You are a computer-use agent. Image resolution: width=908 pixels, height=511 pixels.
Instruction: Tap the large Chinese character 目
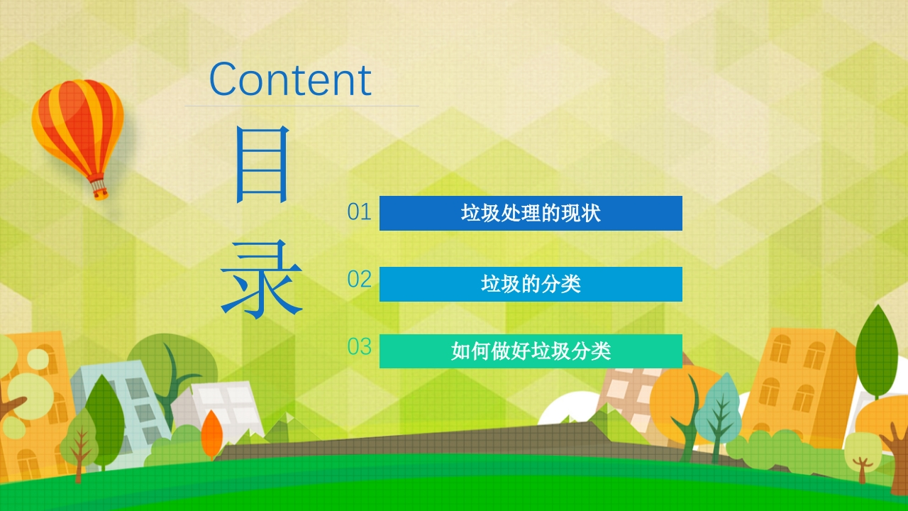pos(262,164)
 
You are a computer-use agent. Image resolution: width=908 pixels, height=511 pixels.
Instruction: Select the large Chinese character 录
pos(262,279)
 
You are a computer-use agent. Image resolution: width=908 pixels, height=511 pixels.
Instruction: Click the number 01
pos(359,212)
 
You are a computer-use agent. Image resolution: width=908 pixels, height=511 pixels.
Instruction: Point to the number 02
pos(359,279)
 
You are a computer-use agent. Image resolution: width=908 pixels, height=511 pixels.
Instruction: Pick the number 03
pos(359,347)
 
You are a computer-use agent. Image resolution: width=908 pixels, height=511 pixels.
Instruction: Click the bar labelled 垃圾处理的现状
pos(531,214)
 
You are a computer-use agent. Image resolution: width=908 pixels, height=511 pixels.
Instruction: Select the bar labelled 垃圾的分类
pos(531,284)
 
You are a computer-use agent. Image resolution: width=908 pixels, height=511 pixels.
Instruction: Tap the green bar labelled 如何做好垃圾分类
pos(531,351)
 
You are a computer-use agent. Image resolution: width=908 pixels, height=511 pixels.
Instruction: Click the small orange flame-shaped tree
pos(211,434)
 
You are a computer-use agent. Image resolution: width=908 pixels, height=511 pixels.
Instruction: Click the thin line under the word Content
pos(302,106)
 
